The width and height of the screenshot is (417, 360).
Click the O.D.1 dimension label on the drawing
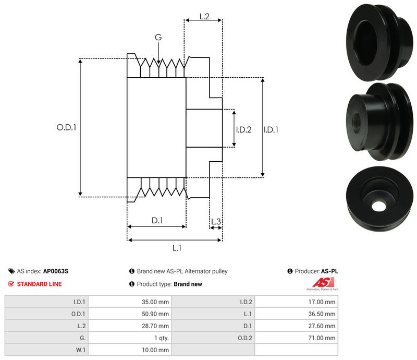(x=66, y=127)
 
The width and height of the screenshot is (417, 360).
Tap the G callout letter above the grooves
(x=158, y=38)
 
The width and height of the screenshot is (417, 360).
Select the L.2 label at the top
(x=204, y=17)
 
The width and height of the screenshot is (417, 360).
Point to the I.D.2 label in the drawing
(x=243, y=130)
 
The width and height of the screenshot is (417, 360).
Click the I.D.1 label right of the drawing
(x=271, y=130)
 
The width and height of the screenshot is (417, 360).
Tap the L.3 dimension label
(x=216, y=222)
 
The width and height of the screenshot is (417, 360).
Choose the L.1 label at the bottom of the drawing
(x=176, y=248)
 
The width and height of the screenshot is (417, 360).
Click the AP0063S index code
(x=56, y=271)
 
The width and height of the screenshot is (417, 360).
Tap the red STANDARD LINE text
(x=39, y=284)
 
